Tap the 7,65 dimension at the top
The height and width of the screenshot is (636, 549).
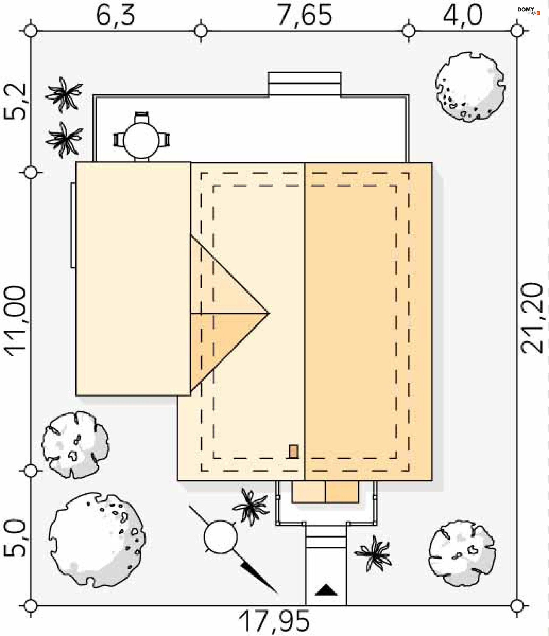pyautogui.click(x=304, y=15)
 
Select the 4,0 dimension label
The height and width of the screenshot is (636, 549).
pyautogui.click(x=462, y=15)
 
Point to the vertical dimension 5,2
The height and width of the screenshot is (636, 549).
pyautogui.click(x=15, y=101)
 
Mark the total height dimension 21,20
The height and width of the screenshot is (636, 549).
pyautogui.click(x=532, y=318)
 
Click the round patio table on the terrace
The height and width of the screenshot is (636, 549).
pyautogui.click(x=141, y=140)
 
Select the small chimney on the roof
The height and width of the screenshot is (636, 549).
pyautogui.click(x=294, y=452)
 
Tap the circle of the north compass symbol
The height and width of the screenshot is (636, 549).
pyautogui.click(x=220, y=537)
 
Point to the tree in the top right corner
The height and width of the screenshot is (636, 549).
pyautogui.click(x=470, y=86)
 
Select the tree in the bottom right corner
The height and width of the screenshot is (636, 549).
pyautogui.click(x=462, y=553)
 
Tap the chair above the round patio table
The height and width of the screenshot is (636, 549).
pyautogui.click(x=141, y=117)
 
